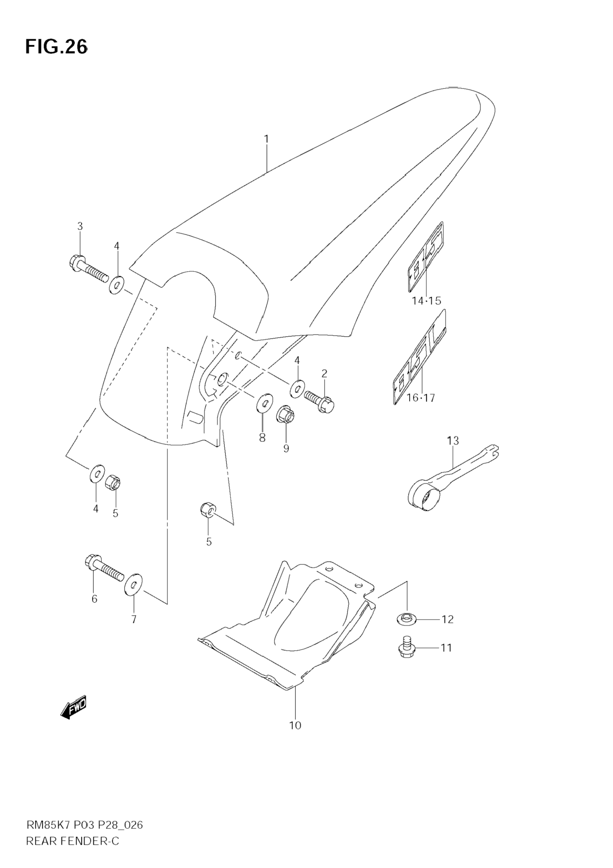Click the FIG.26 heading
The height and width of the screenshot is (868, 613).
(x=56, y=47)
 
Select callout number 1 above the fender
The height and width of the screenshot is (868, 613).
(x=266, y=139)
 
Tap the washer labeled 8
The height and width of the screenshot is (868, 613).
(x=264, y=403)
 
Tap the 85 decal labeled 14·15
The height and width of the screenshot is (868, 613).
(x=426, y=257)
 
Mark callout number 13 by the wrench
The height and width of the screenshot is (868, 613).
(x=453, y=441)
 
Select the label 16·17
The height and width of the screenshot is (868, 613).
(x=421, y=398)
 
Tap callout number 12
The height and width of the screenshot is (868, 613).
(x=447, y=619)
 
